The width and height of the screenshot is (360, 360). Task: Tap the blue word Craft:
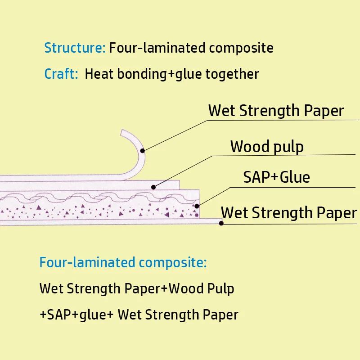[61, 74]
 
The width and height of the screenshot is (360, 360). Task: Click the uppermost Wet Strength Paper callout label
[276, 110]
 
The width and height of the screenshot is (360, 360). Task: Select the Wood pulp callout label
[267, 146]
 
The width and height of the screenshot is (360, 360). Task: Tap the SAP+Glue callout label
[276, 177]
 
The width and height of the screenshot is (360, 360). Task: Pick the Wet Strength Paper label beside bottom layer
[289, 212]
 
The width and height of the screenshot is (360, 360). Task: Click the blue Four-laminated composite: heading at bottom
[123, 262]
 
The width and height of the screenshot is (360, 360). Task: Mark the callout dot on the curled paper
[143, 151]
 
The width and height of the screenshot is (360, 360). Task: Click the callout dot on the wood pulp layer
[153, 186]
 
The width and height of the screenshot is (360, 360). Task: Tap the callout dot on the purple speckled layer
[197, 206]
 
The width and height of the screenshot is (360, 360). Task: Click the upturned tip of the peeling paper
[122, 132]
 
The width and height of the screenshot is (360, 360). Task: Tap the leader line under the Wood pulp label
[283, 156]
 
